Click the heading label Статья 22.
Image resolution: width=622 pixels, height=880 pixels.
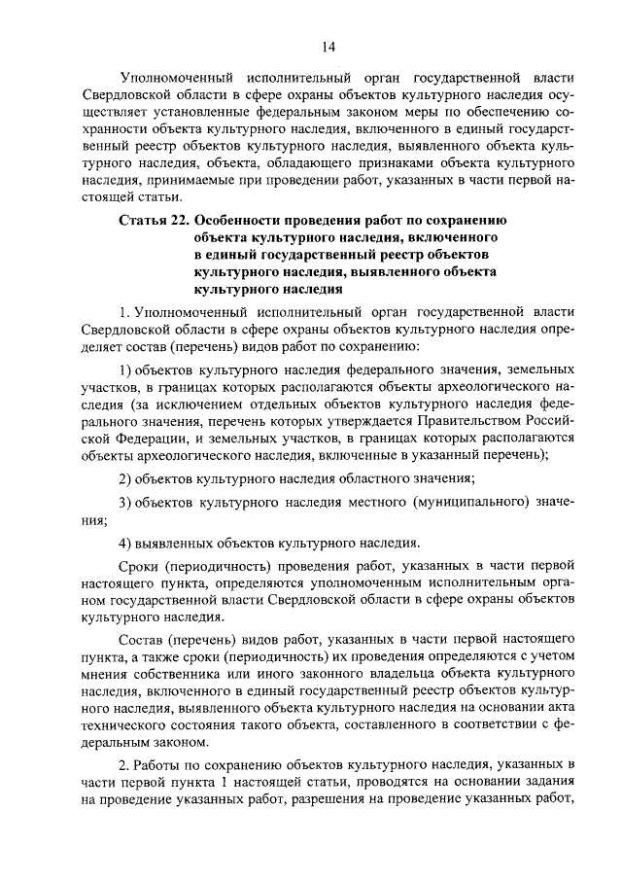point(154,221)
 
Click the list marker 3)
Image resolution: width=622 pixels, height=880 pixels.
point(125,501)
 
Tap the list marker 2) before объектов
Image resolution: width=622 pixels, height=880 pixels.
point(125,476)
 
